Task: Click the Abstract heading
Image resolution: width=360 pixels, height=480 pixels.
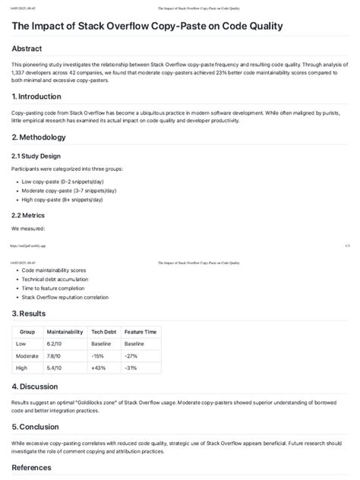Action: [33, 49]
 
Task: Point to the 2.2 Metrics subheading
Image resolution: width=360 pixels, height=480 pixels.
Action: [33, 214]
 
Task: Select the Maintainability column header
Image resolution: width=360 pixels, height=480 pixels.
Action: [65, 332]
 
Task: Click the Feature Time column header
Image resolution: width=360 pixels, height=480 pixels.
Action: [141, 332]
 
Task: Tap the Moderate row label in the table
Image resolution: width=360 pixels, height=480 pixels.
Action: [27, 356]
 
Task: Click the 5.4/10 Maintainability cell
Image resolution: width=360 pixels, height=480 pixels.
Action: [55, 368]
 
